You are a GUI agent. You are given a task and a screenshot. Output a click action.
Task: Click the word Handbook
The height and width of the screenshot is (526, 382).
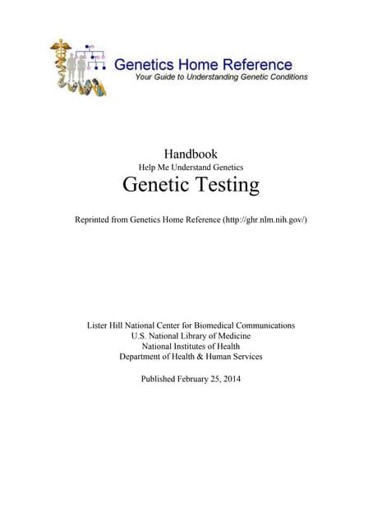tap(191, 153)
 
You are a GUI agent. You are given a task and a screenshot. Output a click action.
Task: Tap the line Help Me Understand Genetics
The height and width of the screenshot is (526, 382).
tap(191, 168)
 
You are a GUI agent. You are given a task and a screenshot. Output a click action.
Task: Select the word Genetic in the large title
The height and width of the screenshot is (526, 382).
tap(153, 186)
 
